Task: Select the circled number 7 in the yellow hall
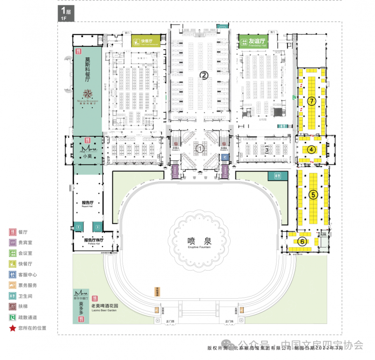coord(310,101)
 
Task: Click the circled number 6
coord(302,242)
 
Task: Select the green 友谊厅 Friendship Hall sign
coord(253,41)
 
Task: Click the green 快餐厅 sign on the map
coord(145,41)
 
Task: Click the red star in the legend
coord(12,328)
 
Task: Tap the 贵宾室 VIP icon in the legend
coord(12,242)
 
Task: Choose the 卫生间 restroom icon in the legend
coord(12,296)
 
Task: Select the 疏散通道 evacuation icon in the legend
coord(12,317)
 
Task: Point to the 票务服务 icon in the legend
coord(12,285)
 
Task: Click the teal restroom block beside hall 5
coord(275,176)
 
